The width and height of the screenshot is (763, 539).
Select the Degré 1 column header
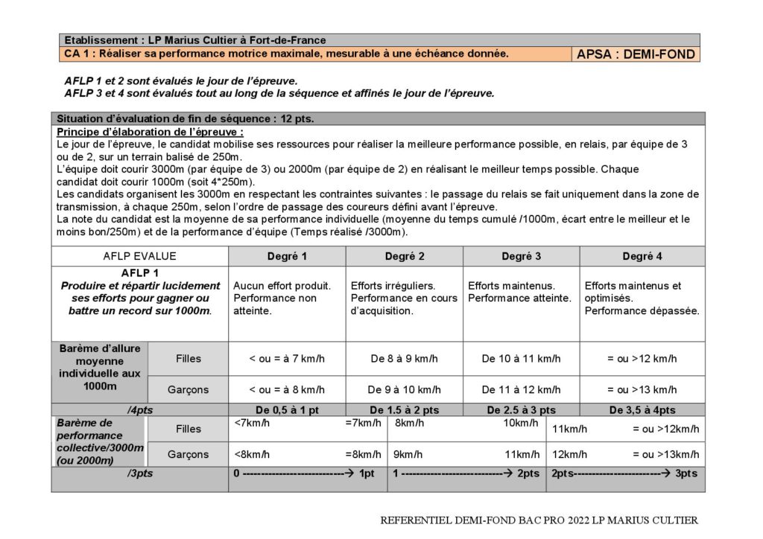287,256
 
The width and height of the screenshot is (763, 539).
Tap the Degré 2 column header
404,256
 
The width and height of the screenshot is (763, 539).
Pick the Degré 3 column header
521,256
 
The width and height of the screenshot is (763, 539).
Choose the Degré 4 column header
642,256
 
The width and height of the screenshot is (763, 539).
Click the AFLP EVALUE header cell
139,256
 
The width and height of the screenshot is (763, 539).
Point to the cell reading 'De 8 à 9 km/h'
404,359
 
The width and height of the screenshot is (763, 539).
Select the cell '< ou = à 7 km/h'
287,359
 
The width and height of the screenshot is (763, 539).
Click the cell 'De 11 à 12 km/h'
521,389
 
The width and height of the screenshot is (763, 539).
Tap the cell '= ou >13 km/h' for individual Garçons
642,389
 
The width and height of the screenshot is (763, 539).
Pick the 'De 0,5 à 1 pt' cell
287,410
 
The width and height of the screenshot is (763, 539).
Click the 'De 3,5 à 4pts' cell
642,410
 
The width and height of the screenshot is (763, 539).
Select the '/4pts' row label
139,410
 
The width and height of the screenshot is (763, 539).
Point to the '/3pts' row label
139,473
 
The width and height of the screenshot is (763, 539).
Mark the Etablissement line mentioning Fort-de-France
195,40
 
